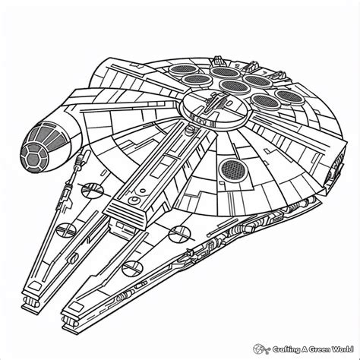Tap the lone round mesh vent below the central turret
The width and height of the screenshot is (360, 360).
coord(232,169)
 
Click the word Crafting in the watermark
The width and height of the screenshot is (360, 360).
coord(286,349)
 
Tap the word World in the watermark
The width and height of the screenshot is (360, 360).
coord(343,349)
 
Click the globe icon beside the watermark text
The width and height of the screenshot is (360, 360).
coord(261,349)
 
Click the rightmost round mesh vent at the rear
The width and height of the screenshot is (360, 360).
coord(289,96)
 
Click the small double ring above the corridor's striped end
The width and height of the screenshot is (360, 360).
coord(134,201)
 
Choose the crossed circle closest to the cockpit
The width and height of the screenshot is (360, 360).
coord(93,190)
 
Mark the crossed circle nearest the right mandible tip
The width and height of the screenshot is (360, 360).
coord(132,268)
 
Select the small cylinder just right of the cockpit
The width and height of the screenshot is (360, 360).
coord(84,158)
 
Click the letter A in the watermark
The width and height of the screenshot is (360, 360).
coord(305,349)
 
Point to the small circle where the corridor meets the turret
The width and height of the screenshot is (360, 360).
coord(188,129)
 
